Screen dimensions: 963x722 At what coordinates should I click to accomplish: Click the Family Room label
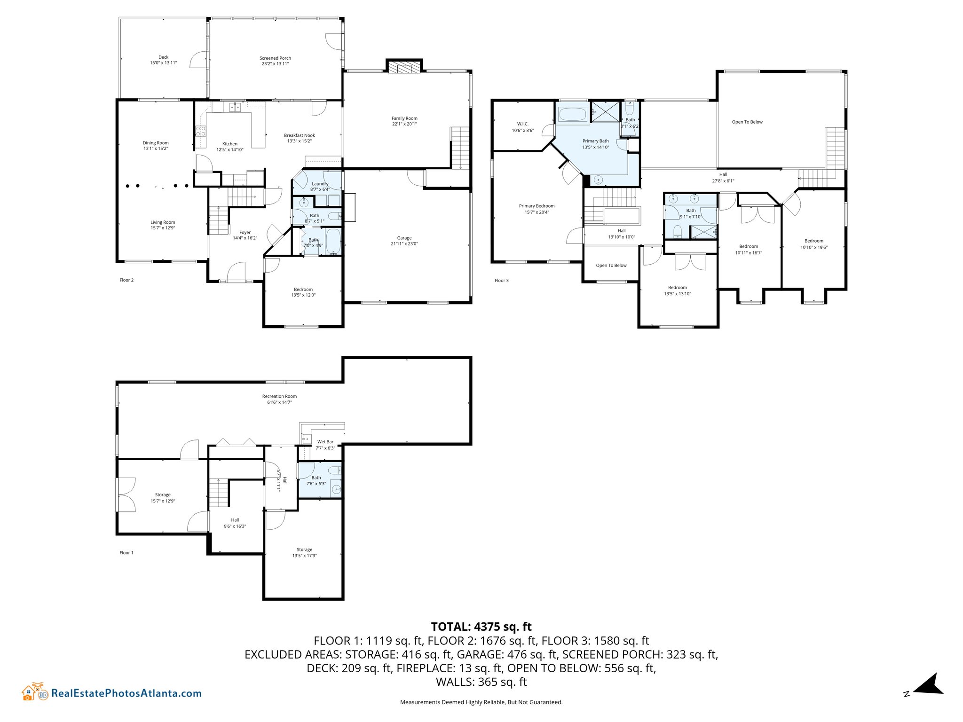click(404, 118)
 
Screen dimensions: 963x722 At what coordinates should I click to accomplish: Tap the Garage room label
click(404, 238)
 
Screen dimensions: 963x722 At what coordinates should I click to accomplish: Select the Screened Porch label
click(276, 58)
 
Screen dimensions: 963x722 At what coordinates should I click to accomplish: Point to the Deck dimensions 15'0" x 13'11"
click(164, 63)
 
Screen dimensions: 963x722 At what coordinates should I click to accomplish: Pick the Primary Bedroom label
click(537, 206)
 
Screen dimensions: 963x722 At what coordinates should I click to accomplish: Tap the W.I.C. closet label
click(523, 124)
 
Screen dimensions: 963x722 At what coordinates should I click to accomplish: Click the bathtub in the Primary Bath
click(572, 114)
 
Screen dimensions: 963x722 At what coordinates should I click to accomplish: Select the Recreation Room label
click(280, 396)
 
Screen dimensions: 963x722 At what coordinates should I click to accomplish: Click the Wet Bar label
click(325, 442)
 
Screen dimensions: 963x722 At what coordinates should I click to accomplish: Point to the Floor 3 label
click(502, 281)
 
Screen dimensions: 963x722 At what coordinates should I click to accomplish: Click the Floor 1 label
click(126, 553)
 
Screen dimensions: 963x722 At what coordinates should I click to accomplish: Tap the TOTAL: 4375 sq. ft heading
click(481, 627)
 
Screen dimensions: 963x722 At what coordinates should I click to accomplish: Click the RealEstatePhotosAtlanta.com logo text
click(126, 693)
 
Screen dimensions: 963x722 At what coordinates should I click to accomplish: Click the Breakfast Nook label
click(300, 135)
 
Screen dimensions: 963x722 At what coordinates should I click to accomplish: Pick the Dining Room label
click(156, 143)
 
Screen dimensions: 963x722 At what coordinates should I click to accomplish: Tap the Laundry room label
click(320, 184)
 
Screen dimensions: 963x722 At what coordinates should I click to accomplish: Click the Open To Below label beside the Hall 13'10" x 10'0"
click(611, 266)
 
